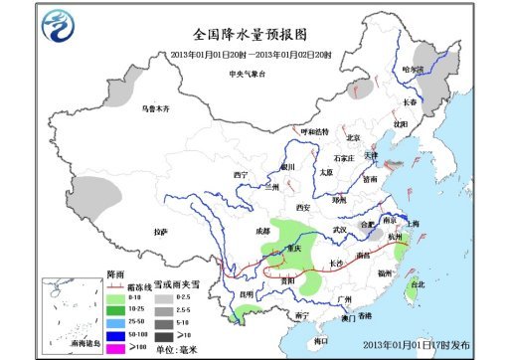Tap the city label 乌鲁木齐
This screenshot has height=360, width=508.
[x=155, y=107]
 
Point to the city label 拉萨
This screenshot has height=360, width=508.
[x=160, y=232]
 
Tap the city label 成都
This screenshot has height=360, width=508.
[x=261, y=231]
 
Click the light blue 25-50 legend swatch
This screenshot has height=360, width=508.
[x=117, y=322]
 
